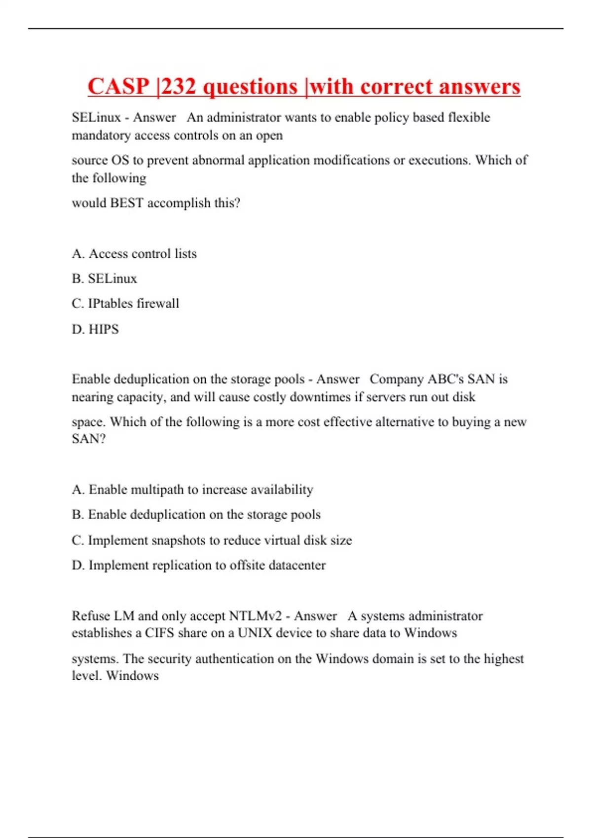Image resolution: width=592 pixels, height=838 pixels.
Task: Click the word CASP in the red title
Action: (x=118, y=87)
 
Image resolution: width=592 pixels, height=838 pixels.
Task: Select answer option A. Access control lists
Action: (x=134, y=254)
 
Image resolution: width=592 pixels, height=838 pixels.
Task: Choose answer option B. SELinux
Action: (x=105, y=279)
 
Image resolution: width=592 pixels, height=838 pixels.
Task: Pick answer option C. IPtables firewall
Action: (x=125, y=304)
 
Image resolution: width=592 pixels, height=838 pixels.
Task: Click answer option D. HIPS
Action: (x=95, y=329)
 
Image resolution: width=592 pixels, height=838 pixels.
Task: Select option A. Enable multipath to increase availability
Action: (x=192, y=489)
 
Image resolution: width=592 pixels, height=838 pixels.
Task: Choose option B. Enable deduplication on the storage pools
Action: (x=196, y=515)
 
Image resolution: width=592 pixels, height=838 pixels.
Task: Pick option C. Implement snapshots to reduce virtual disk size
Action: (x=212, y=540)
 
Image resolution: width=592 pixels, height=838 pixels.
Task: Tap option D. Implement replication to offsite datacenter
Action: (x=199, y=565)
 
